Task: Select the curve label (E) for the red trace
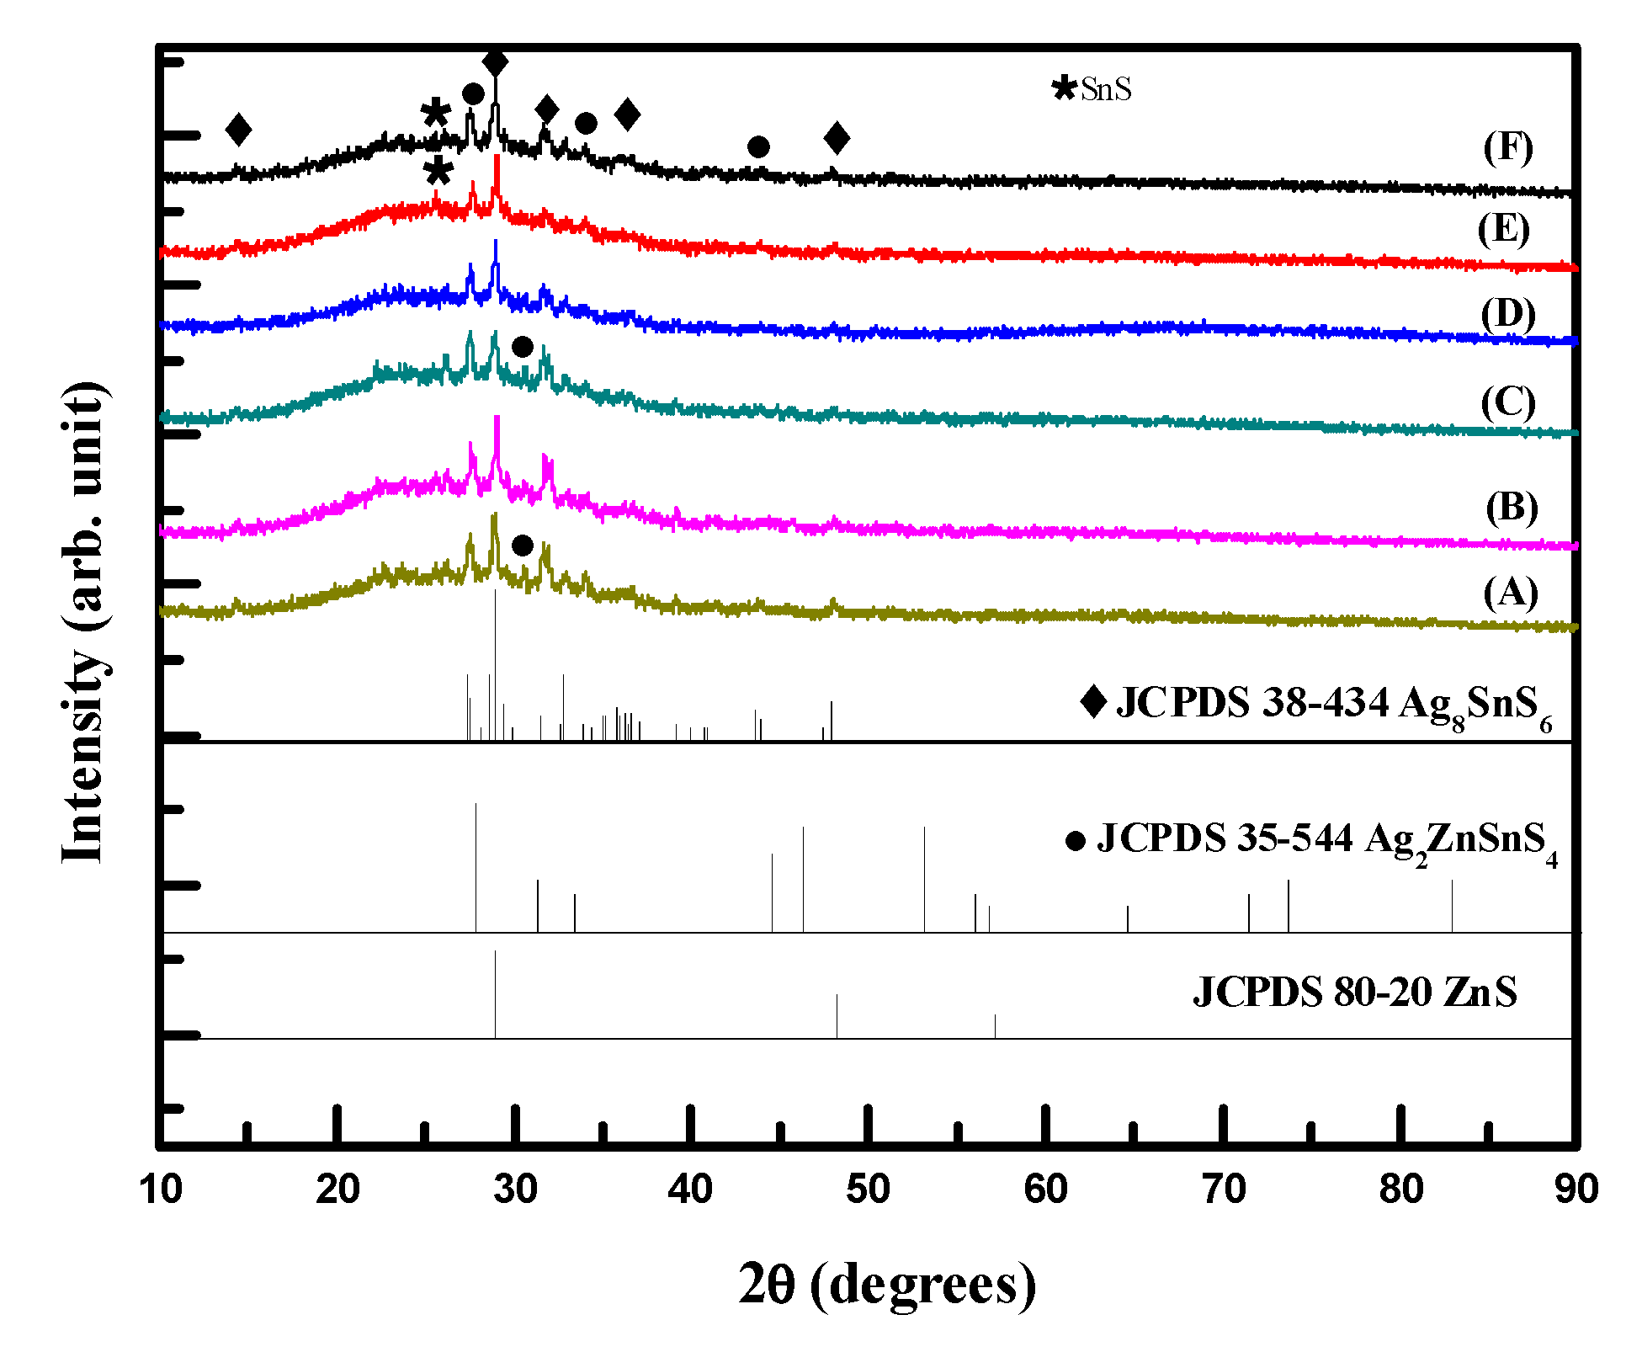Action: pos(1503,229)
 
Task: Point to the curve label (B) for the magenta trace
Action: pos(1511,508)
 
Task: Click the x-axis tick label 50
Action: pos(867,1190)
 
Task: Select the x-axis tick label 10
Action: pos(160,1190)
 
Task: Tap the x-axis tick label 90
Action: pos(1576,1190)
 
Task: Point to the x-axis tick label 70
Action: pos(1222,1190)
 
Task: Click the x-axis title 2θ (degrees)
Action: pos(887,1285)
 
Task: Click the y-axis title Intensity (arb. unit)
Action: pos(84,623)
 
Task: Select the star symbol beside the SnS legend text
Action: pos(1065,88)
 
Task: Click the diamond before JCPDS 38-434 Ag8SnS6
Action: pos(1093,701)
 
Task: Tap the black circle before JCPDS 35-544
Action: pos(1075,841)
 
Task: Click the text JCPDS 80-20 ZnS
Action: pos(1354,992)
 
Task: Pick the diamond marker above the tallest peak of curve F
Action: pos(496,62)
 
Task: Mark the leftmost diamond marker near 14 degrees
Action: pos(239,130)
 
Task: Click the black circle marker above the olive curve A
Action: pos(522,546)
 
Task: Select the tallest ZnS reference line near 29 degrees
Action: pos(495,993)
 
